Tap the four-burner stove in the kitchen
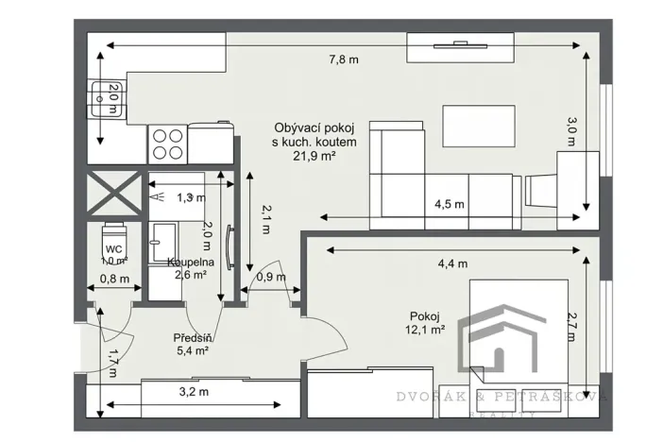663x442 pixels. [x=167, y=143]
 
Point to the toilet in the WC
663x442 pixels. [x=114, y=235]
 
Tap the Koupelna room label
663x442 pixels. [x=192, y=262]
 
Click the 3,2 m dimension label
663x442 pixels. [x=195, y=389]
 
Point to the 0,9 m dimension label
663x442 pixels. [x=271, y=278]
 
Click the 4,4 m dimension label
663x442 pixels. [x=448, y=263]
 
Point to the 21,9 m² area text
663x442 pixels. [x=314, y=157]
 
